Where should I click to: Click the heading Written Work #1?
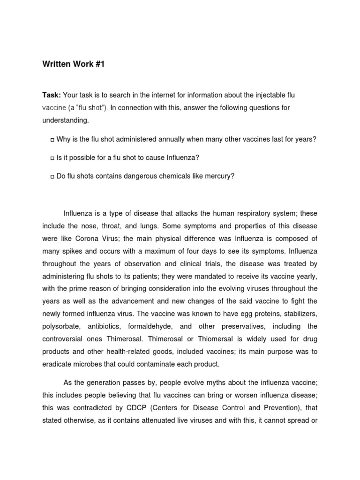pos(73,64)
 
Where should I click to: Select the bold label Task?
pos(52,95)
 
